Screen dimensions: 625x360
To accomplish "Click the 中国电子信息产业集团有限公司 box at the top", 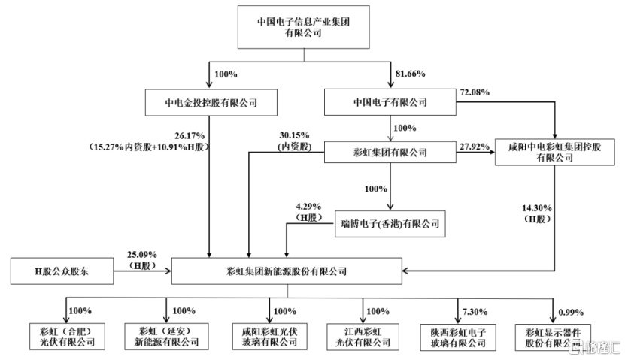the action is pyautogui.click(x=303, y=27).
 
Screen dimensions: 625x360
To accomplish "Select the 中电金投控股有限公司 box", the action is pyautogui.click(x=211, y=103).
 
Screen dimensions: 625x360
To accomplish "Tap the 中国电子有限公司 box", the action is pyautogui.click(x=390, y=102).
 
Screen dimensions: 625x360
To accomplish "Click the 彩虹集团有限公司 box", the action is pyautogui.click(x=390, y=152).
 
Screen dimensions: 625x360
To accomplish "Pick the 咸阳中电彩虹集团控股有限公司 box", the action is pyautogui.click(x=554, y=152).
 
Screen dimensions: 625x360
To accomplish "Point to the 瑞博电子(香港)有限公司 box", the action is pyautogui.click(x=390, y=224).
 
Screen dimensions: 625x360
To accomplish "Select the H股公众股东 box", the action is pyautogui.click(x=62, y=271).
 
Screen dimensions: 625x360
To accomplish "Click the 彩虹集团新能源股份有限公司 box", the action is pyautogui.click(x=287, y=271).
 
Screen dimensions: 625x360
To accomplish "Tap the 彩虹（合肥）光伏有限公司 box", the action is pyautogui.click(x=67, y=337).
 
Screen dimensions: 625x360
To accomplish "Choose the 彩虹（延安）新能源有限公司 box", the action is pyautogui.click(x=166, y=337).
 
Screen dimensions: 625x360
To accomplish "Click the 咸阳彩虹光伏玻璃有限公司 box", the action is pyautogui.click(x=269, y=337).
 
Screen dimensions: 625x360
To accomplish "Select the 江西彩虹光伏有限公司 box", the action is pyautogui.click(x=363, y=337).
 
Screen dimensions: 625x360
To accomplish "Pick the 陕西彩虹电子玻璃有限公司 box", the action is pyautogui.click(x=458, y=337).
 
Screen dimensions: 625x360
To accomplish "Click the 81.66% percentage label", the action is pyautogui.click(x=410, y=74).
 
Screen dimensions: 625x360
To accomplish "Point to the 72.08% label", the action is pyautogui.click(x=475, y=92).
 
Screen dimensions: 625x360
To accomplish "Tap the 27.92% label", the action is pyautogui.click(x=475, y=147).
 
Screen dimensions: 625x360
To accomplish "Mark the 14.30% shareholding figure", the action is pyautogui.click(x=537, y=208).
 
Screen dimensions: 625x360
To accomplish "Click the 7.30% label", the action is pyautogui.click(x=475, y=312).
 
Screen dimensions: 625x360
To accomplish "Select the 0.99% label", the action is pyautogui.click(x=571, y=313).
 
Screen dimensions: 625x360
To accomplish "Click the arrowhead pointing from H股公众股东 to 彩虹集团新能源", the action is pyautogui.click(x=168, y=271).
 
